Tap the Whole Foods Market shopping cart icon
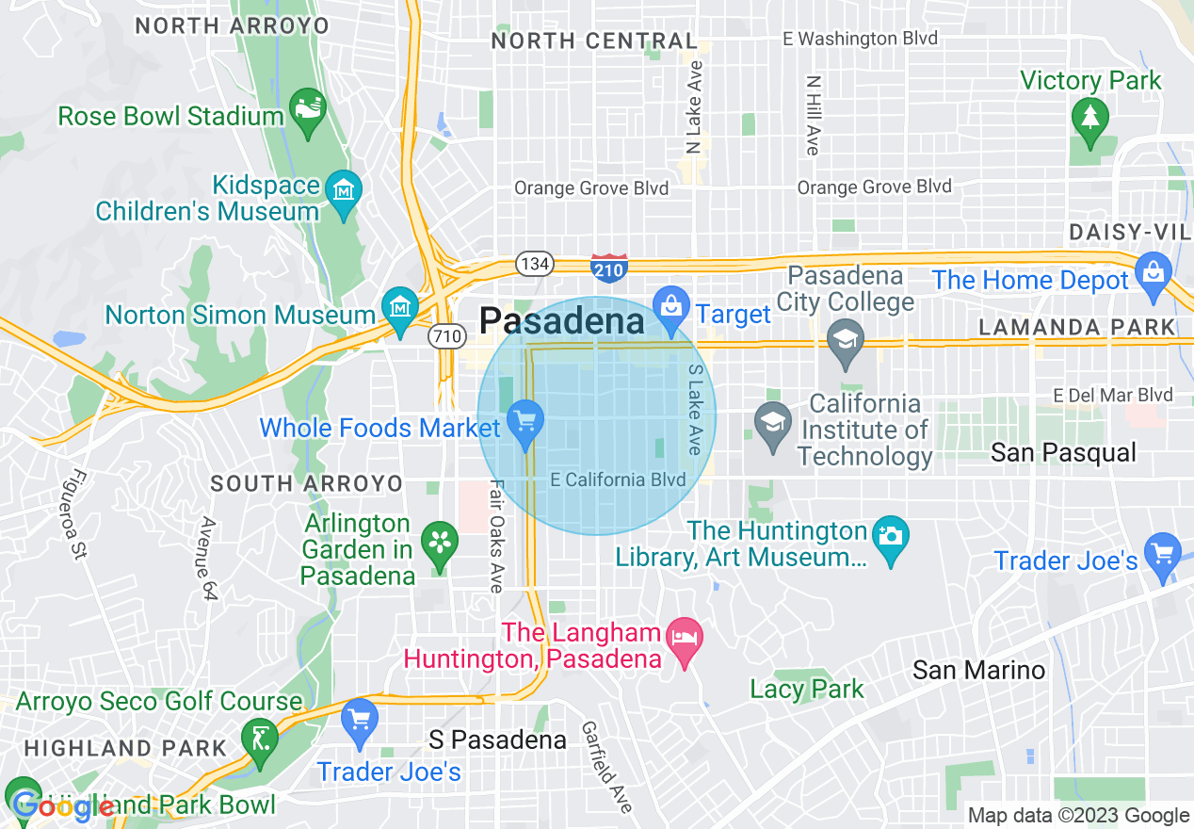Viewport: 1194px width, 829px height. (x=524, y=420)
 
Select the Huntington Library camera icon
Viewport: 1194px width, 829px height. (x=890, y=537)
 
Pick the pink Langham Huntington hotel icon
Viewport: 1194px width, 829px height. (x=684, y=641)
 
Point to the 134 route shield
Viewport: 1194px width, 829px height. (x=535, y=264)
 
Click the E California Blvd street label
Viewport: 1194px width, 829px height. (x=618, y=480)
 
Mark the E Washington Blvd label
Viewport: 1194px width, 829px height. (x=861, y=39)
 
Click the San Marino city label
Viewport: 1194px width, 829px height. (x=978, y=671)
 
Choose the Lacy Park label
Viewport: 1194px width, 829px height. (x=807, y=690)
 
